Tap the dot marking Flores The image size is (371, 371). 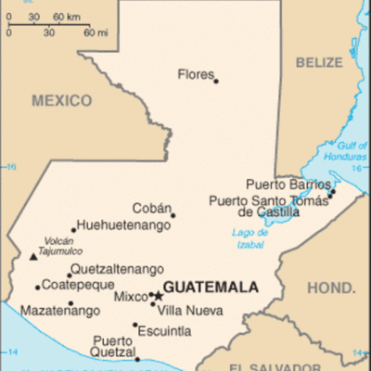[216, 81]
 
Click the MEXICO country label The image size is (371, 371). [62, 100]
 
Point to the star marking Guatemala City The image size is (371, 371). [158, 297]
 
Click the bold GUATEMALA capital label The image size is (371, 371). [210, 288]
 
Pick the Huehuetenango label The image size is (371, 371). [124, 225]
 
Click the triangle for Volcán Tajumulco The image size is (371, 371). [34, 256]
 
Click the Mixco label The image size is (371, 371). [131, 297]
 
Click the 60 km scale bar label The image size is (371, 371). [66, 18]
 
